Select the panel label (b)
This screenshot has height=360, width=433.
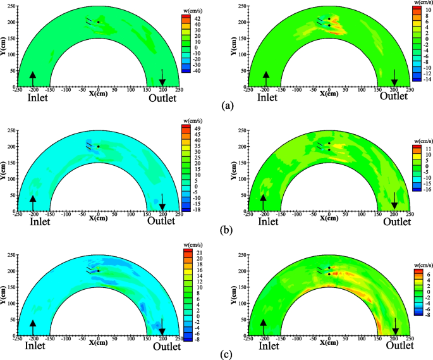tap(226, 224)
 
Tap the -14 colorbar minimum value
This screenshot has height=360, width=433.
tap(428, 80)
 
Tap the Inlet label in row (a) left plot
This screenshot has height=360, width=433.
tap(38, 98)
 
